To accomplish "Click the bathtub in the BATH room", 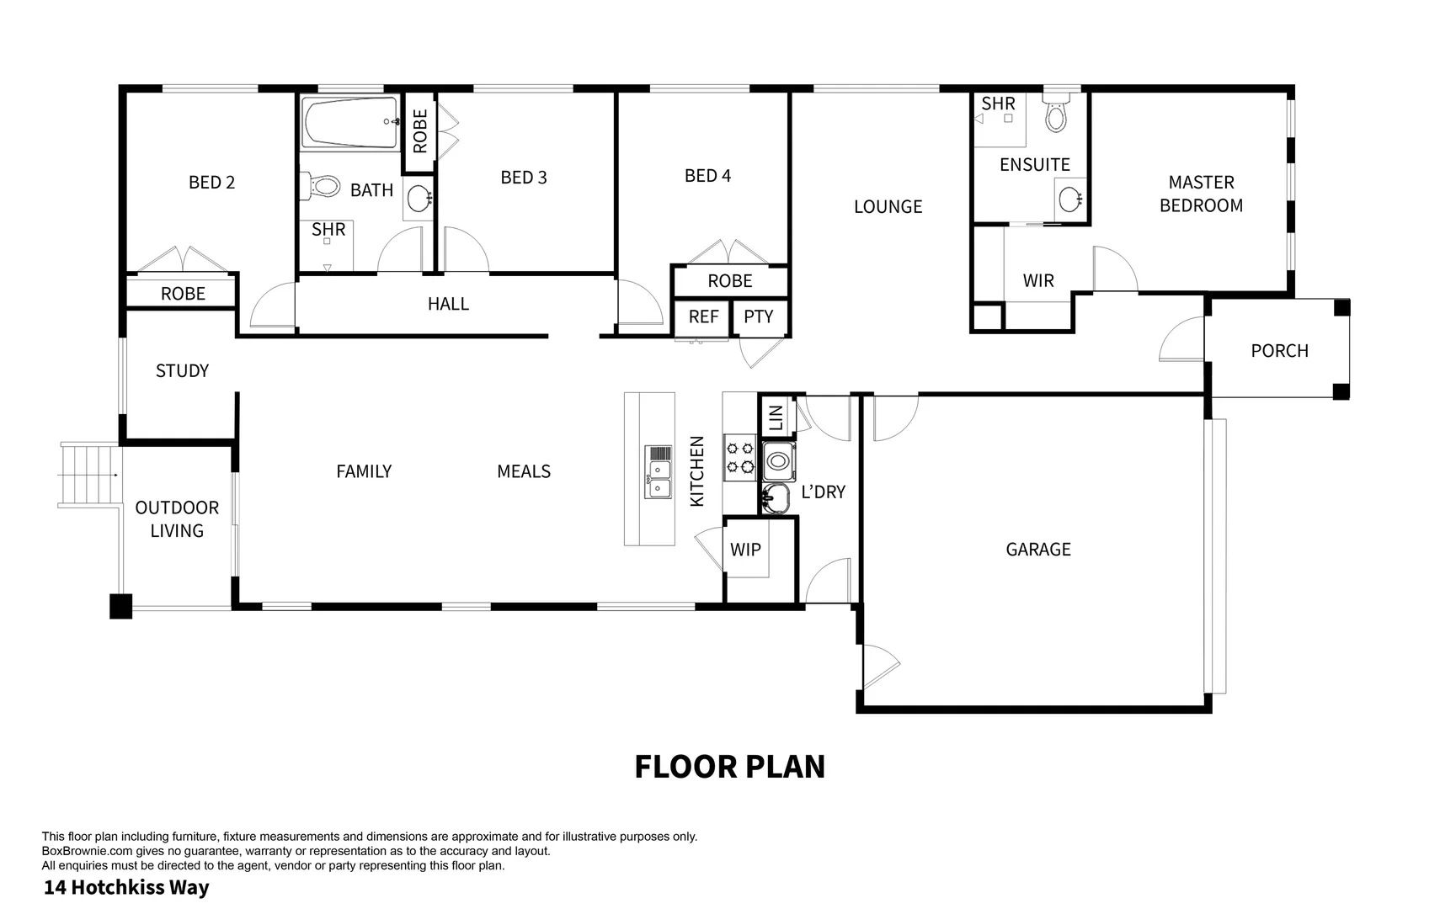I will [349, 123].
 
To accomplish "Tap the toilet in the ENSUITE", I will [1055, 113].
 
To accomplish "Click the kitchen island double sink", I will [659, 471].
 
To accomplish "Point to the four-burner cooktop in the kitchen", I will [740, 457].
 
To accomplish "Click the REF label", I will [703, 316].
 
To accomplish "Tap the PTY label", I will [758, 316].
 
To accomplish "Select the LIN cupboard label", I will [776, 417].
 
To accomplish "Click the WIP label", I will [745, 550].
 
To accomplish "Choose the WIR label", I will [1037, 280].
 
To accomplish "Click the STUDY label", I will [182, 370].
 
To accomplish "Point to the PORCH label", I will [1279, 350].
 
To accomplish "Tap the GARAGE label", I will [1037, 549].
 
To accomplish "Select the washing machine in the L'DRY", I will [778, 461].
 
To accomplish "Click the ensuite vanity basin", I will [1069, 199].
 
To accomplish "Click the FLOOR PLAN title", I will [729, 766].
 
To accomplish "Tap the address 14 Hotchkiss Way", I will [126, 887].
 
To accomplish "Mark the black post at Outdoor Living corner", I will [120, 606].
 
